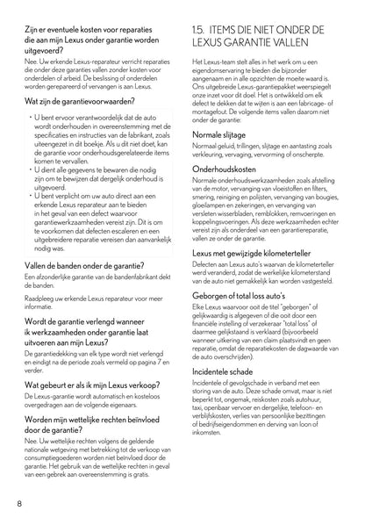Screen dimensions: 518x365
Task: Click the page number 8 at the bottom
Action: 18,503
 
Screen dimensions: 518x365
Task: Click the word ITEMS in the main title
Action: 240,29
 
